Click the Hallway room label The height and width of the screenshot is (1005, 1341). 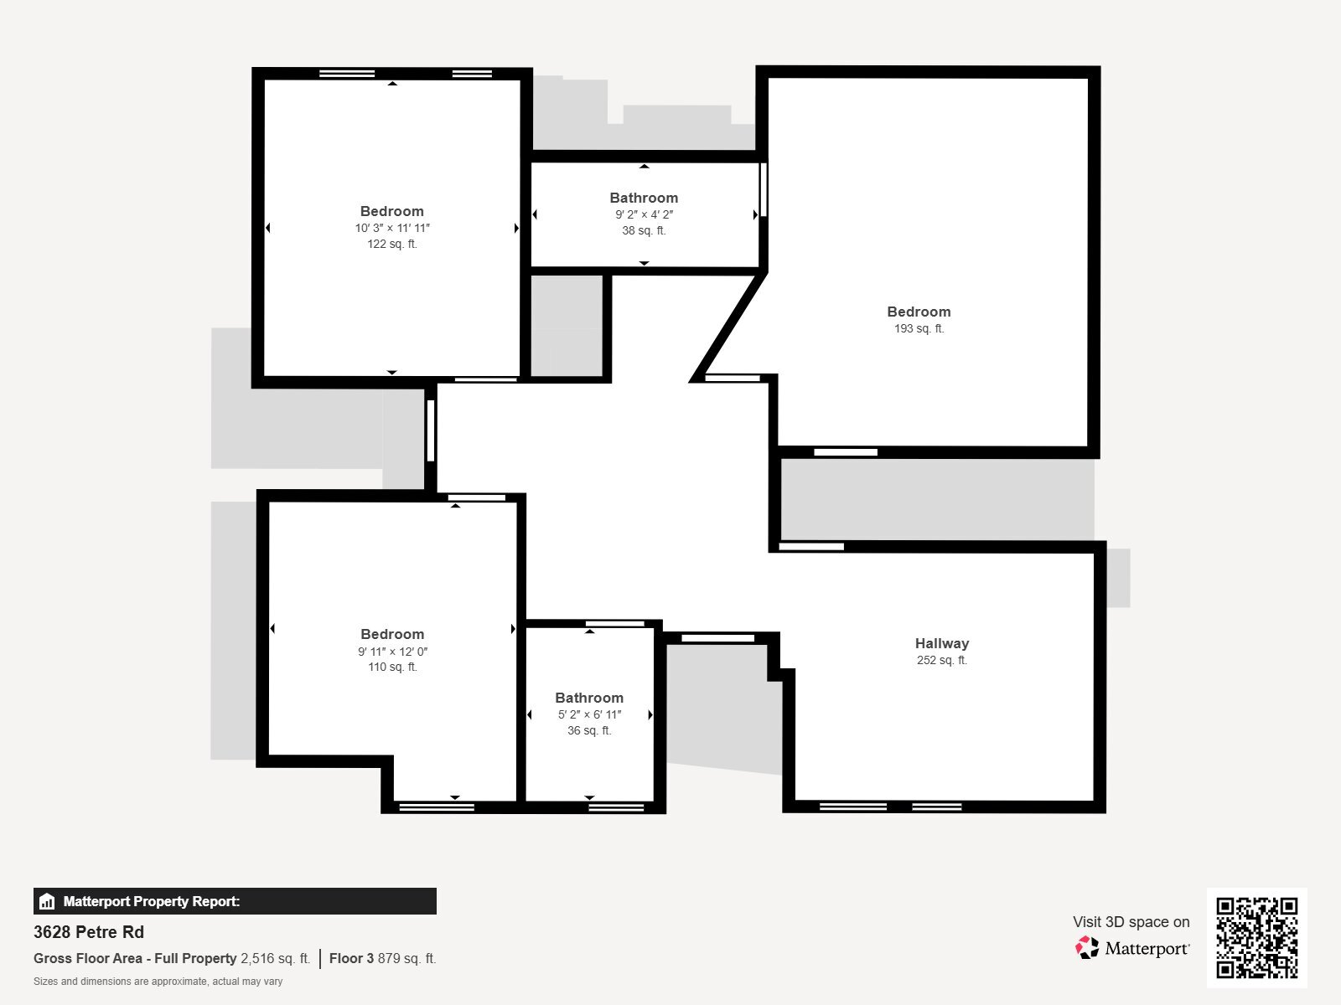point(941,643)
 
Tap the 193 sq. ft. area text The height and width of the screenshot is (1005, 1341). point(919,328)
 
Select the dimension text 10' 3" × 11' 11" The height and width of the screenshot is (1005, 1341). point(391,228)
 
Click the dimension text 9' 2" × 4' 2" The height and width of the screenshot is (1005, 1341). point(644,214)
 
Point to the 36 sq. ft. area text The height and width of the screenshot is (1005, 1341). point(589,730)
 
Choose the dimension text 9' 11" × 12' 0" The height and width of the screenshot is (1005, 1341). point(392,652)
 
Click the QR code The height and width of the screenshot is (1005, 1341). point(1256,937)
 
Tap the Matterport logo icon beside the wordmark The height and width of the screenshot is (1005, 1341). point(1087,948)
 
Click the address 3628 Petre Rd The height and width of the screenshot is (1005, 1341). point(89,932)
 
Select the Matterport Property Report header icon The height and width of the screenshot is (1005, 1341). point(47,902)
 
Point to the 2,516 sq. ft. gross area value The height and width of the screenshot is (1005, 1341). point(275,958)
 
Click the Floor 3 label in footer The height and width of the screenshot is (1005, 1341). point(351,958)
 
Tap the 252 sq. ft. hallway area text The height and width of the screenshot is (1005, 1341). point(941,660)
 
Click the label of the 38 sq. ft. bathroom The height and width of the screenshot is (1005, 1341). point(644,198)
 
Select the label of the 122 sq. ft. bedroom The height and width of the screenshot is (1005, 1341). point(391,211)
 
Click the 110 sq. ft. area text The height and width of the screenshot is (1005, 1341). point(392,667)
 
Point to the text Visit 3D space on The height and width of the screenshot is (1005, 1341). point(1131,922)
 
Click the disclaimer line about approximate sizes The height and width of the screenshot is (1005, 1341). point(158,982)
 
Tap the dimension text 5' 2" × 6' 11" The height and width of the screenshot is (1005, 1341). point(589,714)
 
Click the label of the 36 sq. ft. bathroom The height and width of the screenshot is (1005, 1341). point(589,698)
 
